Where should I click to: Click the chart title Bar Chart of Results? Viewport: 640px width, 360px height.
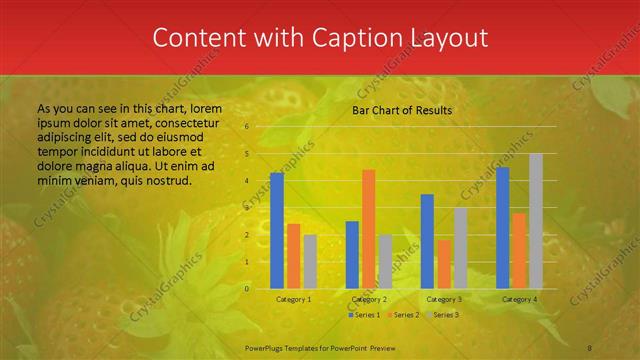click(402, 110)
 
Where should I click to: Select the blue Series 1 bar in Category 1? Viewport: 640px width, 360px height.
click(277, 230)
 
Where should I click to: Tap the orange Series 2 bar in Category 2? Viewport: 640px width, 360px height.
click(368, 228)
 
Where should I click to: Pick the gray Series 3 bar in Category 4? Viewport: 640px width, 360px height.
click(536, 221)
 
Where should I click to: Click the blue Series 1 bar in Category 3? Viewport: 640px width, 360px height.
click(427, 241)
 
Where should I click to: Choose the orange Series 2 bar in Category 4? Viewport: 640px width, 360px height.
click(519, 250)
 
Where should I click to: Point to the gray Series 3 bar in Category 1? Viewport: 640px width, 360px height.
click(310, 261)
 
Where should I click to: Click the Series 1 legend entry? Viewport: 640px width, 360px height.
click(365, 315)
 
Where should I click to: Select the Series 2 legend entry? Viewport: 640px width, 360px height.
click(403, 315)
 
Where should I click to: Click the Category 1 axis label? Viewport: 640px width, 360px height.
click(293, 299)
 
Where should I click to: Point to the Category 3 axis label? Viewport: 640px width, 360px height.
click(444, 299)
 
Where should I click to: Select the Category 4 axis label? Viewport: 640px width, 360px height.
click(519, 299)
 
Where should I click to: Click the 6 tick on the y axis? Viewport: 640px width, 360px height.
click(247, 127)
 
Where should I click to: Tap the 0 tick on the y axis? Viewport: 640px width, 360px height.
click(247, 288)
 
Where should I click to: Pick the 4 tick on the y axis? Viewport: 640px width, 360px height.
click(247, 181)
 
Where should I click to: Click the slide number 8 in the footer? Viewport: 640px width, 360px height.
click(590, 347)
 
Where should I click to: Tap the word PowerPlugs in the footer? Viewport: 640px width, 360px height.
click(268, 347)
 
